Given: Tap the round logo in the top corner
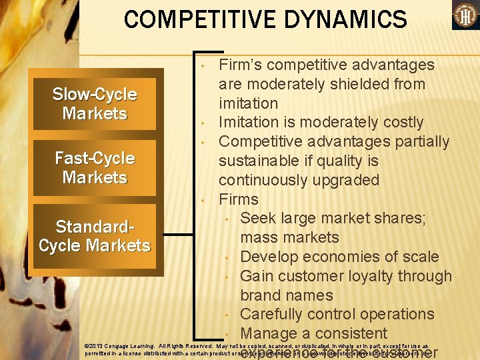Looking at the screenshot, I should [x=465, y=15].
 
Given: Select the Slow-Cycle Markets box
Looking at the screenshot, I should [x=95, y=104].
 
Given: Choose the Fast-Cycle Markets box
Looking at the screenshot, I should [x=95, y=168].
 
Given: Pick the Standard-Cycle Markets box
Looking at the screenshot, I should [x=95, y=237].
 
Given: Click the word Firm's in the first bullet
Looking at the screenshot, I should [x=244, y=65].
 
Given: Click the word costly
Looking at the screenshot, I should [x=413, y=123].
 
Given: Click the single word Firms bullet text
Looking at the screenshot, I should [x=239, y=199].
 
